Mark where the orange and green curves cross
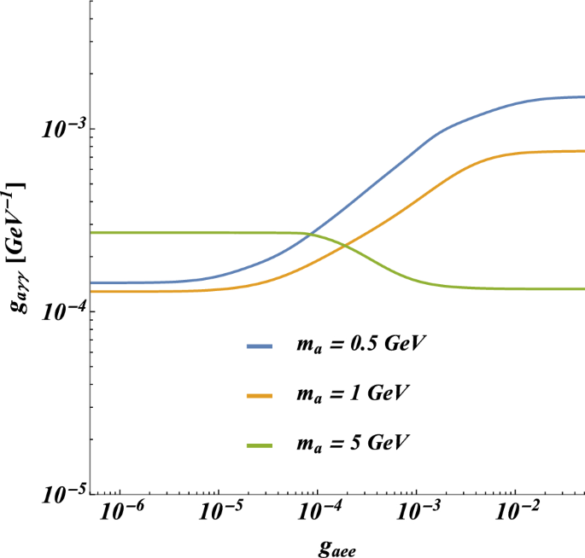345,246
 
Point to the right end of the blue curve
584,96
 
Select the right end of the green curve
584,288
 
